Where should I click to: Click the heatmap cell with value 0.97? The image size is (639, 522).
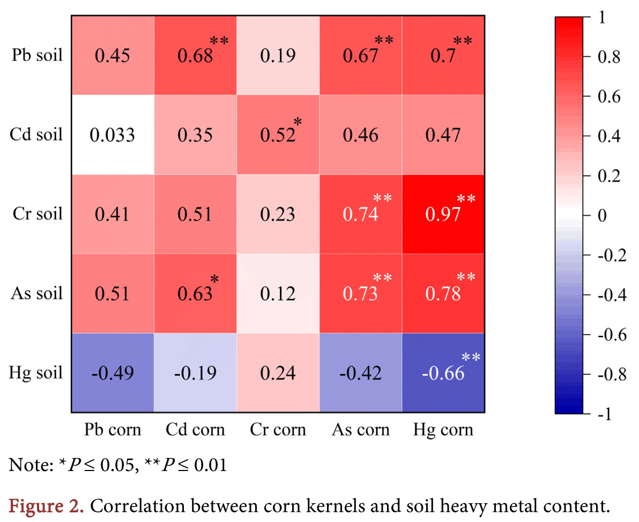(x=443, y=215)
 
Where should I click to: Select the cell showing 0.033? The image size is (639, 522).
(x=113, y=135)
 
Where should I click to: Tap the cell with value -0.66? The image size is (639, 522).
(x=443, y=373)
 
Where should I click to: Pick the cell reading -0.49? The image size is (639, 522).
(x=113, y=373)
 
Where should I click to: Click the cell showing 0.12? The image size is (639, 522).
(x=278, y=293)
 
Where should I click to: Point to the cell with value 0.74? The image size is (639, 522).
(x=361, y=215)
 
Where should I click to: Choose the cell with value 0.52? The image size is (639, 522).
(x=278, y=135)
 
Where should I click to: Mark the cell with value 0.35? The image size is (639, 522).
(x=195, y=135)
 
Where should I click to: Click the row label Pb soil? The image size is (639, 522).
(x=37, y=56)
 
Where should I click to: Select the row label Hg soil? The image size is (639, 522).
(x=37, y=373)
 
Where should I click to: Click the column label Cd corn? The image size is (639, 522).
(x=195, y=430)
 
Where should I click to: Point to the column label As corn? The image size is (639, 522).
(x=361, y=430)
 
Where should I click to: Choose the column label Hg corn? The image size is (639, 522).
(x=443, y=430)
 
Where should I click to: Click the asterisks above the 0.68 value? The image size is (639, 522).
(x=219, y=41)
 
